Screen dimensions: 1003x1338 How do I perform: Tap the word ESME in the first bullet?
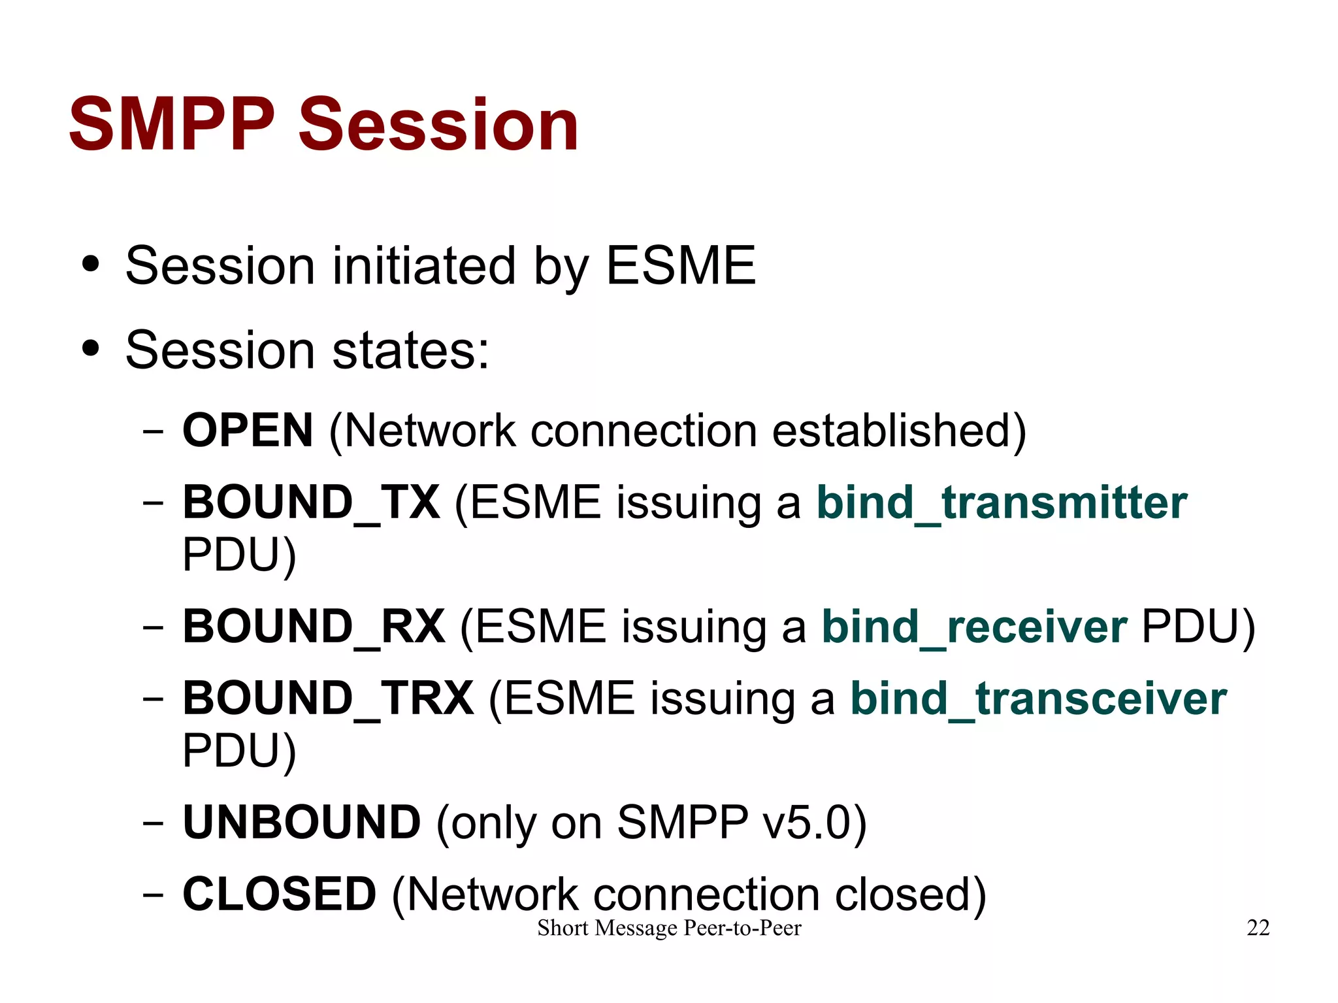[681, 265]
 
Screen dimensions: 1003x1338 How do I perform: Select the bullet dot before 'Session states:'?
[91, 349]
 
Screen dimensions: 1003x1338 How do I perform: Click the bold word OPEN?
[248, 431]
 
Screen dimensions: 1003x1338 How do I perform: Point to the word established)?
[899, 431]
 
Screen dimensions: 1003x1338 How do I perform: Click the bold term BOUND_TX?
[311, 502]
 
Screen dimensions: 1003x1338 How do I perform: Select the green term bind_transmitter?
[1002, 502]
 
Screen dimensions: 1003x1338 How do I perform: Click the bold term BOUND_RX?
[314, 626]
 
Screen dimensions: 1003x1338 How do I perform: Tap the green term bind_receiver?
[973, 626]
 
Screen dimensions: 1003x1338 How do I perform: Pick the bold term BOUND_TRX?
[328, 698]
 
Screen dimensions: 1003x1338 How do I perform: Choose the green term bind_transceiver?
[1038, 698]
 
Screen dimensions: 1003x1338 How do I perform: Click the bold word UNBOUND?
[301, 822]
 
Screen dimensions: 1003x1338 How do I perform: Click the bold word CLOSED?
[279, 894]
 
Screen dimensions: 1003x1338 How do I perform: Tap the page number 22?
[1258, 928]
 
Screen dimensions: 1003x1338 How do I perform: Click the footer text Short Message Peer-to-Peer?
[669, 928]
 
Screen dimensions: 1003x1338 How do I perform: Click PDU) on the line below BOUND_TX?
[239, 555]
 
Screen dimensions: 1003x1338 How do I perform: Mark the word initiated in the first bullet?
[424, 265]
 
